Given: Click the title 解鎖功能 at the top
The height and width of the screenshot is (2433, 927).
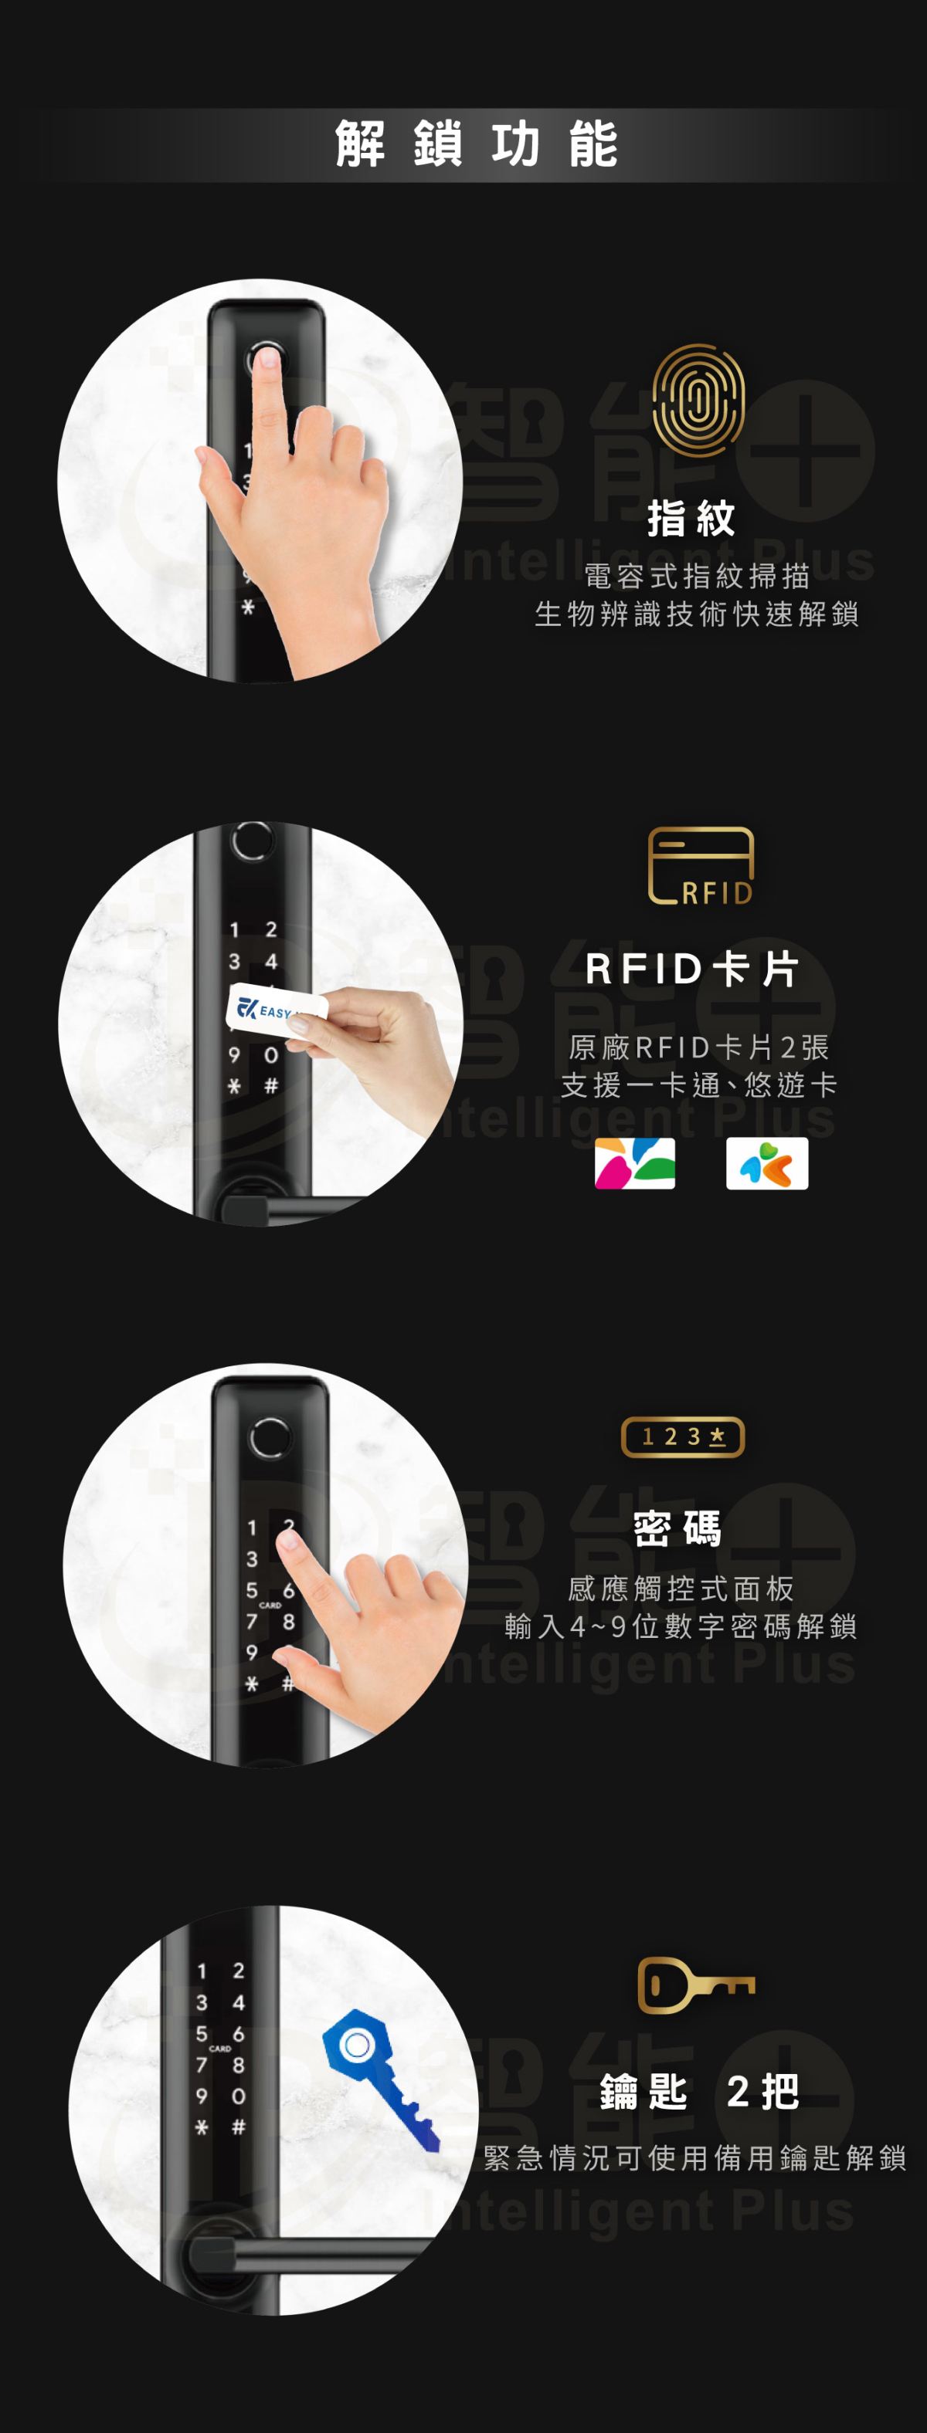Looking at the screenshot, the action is click(x=477, y=144).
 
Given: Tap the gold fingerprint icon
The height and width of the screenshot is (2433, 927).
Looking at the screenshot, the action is click(x=698, y=400).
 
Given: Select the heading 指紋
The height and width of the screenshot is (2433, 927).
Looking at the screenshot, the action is click(x=691, y=519).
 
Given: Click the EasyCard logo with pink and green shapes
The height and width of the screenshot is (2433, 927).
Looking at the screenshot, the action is click(x=635, y=1162).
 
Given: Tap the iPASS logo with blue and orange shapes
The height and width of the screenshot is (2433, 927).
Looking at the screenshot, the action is click(x=767, y=1162).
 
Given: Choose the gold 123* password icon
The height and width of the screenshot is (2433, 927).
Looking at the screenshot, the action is click(x=682, y=1436).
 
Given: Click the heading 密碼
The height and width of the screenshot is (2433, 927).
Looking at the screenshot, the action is click(x=677, y=1528).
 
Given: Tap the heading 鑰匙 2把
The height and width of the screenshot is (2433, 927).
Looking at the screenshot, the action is click(x=699, y=2091).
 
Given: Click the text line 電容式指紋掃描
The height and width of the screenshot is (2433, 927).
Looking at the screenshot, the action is click(x=698, y=575).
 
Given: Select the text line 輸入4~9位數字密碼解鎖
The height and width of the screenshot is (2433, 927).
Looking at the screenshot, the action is click(x=681, y=1626).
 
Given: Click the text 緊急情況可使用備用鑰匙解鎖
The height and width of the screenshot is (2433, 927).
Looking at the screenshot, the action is click(x=694, y=2157).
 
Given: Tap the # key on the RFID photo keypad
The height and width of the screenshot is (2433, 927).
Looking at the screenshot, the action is click(x=270, y=1085).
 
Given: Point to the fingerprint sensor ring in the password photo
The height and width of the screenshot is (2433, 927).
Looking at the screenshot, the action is click(x=270, y=1437).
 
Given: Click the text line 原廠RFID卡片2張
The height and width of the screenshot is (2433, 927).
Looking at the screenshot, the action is click(x=699, y=1047).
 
